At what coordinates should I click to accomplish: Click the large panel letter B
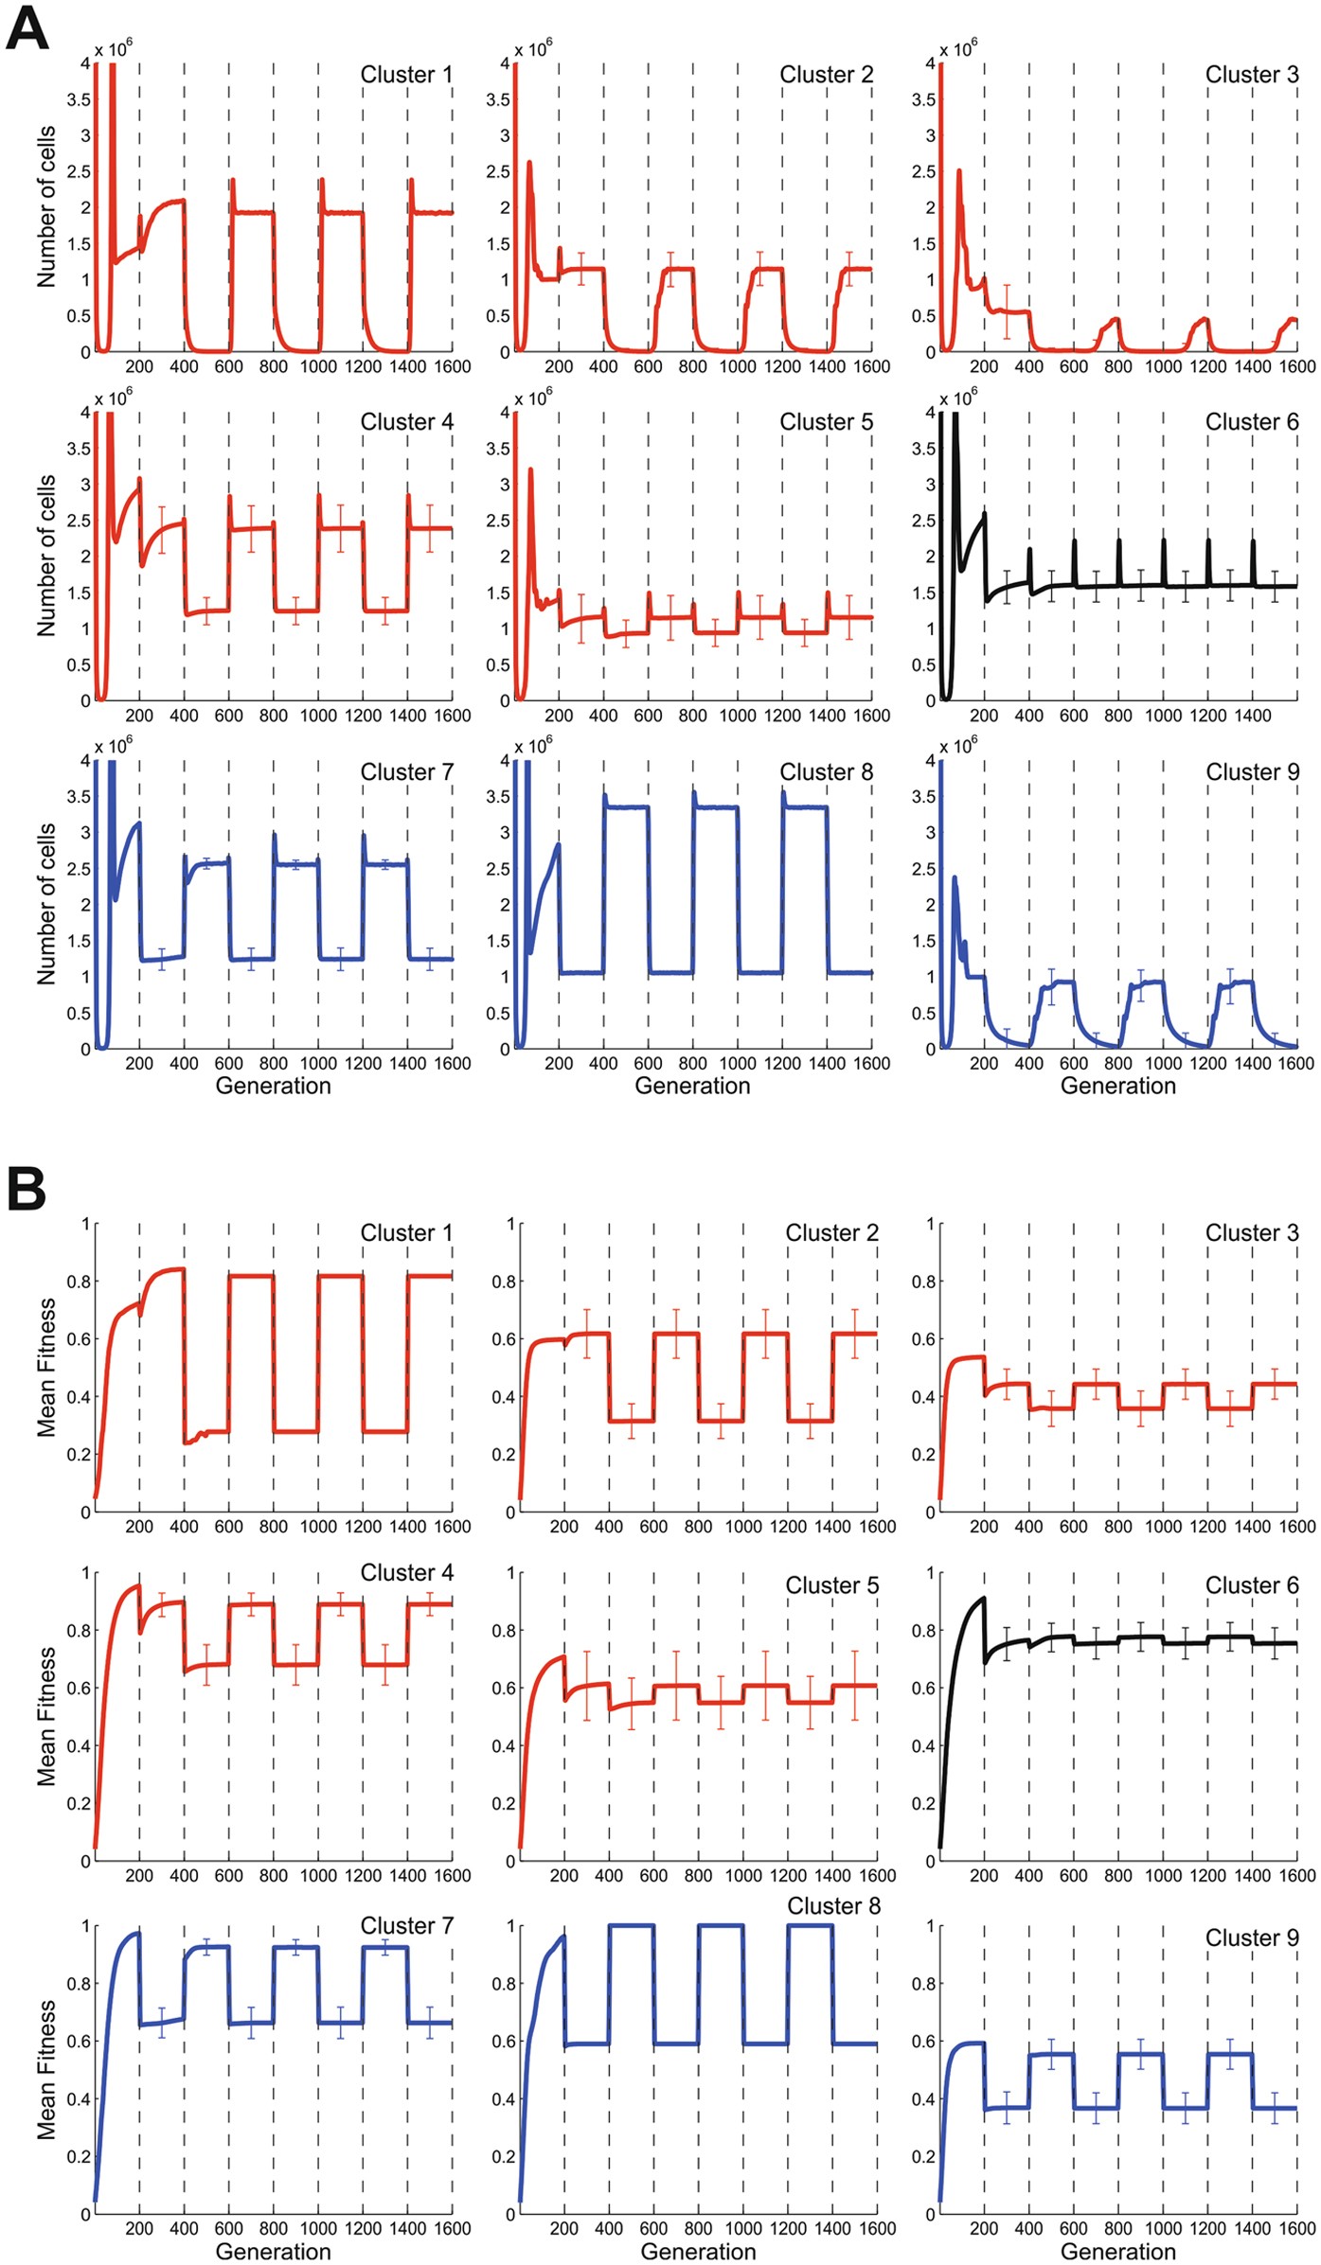(27, 1188)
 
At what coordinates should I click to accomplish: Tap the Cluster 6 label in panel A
(1251, 422)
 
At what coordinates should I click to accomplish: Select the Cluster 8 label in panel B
(833, 1905)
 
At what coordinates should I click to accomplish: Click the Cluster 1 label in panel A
(406, 75)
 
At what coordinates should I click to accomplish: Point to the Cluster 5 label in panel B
(831, 1584)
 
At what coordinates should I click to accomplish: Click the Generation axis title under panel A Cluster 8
(692, 1086)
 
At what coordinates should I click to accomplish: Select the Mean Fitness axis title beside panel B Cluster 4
(46, 1716)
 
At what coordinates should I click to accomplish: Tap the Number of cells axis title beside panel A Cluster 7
(46, 904)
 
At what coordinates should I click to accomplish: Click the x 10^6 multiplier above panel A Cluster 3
(957, 48)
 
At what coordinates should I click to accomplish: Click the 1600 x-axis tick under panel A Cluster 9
(1295, 1064)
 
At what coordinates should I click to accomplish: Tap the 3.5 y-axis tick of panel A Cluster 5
(498, 449)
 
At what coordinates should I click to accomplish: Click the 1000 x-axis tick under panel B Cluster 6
(1163, 1875)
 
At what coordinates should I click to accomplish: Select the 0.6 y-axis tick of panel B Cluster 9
(923, 2042)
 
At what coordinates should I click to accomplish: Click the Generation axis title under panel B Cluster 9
(1117, 2252)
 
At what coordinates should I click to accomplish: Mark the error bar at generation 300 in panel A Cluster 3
(1007, 311)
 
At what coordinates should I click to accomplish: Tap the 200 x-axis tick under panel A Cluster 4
(139, 716)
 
